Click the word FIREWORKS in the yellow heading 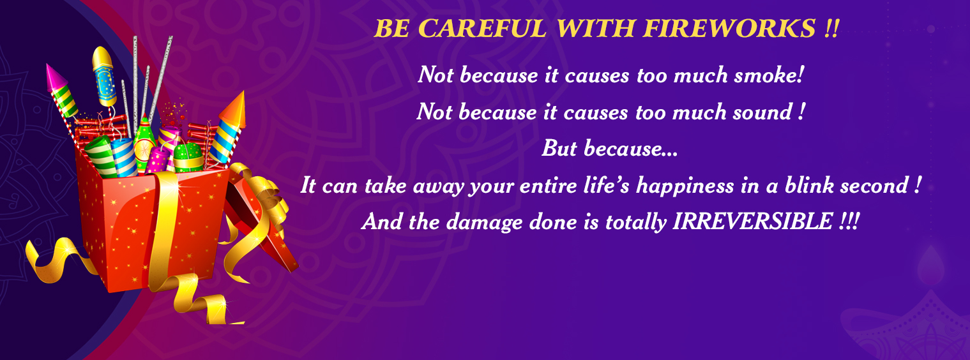point(730,29)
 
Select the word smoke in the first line point(769,75)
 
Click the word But point(559,149)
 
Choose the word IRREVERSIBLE point(753,221)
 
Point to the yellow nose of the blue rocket point(102,57)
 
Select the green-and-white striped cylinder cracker point(100,157)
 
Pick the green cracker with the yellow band point(188,158)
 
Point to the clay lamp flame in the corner point(930,265)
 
